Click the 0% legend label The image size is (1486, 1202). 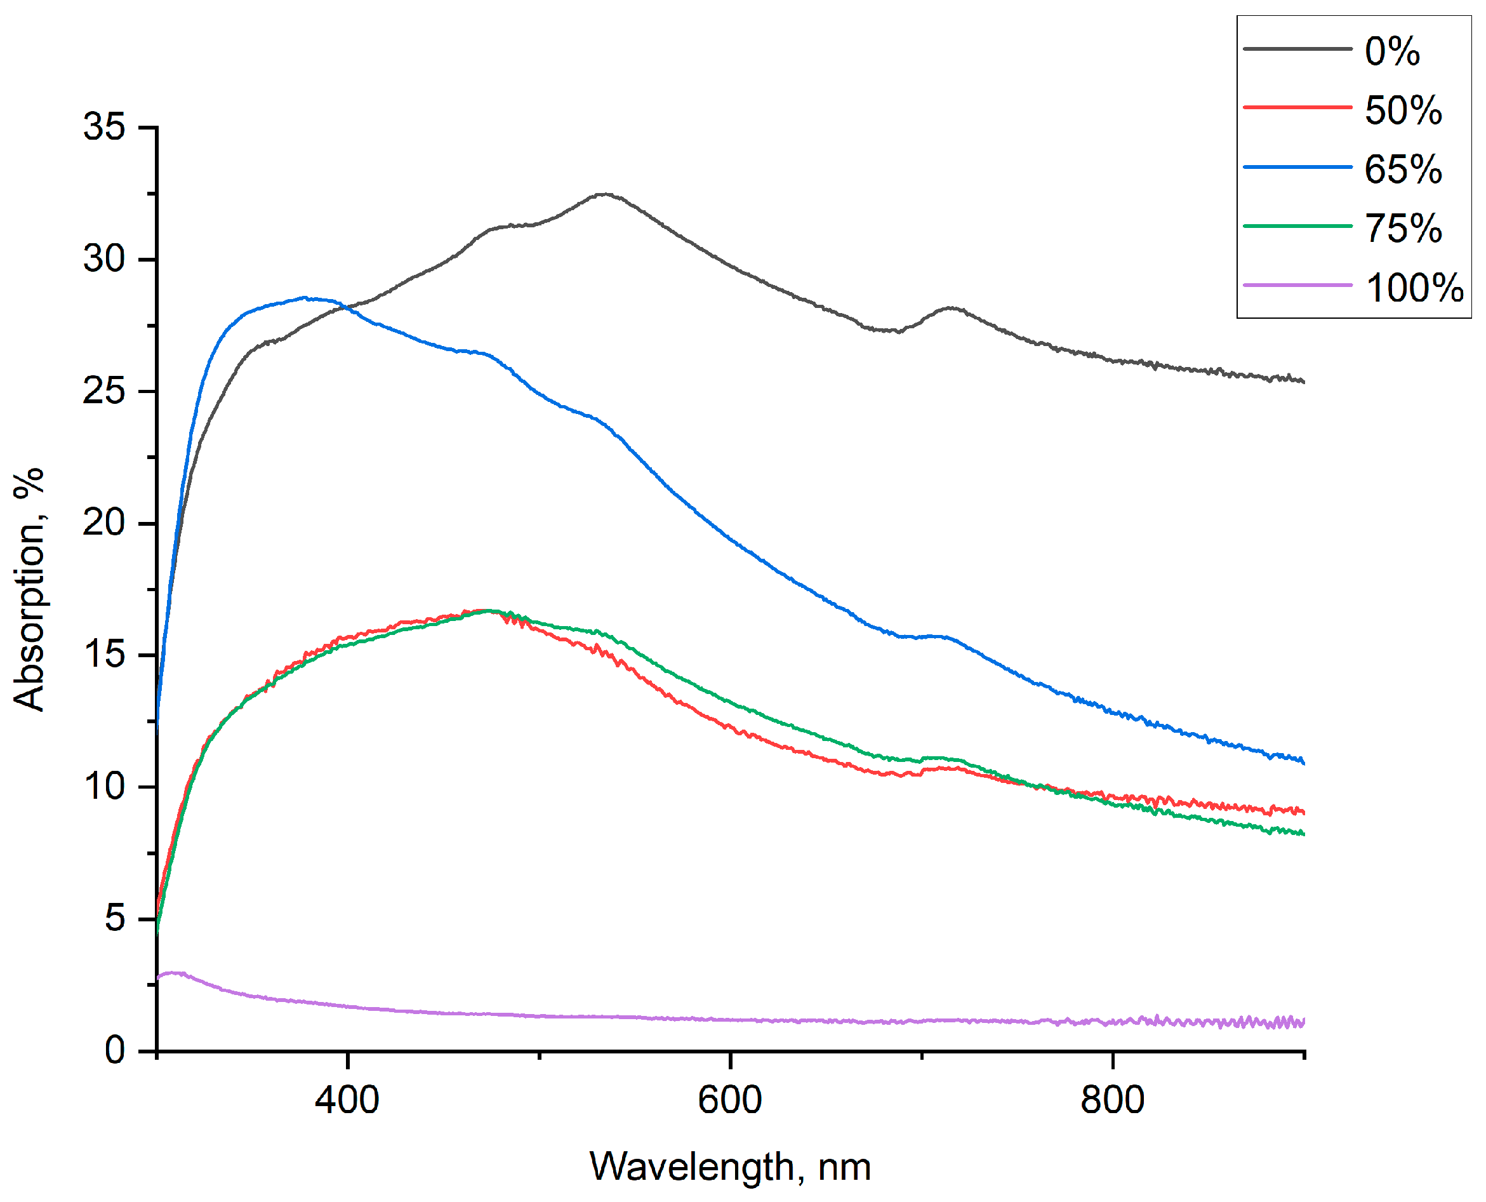pos(1392,51)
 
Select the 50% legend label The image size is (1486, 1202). pos(1403,109)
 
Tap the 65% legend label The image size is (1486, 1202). pos(1403,169)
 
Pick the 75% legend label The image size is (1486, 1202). pos(1403,228)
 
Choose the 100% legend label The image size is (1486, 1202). pos(1414,288)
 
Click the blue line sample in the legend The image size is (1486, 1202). pos(1297,167)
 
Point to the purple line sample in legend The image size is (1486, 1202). pos(1297,284)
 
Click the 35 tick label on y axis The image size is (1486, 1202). pos(104,127)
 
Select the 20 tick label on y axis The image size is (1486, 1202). pos(104,523)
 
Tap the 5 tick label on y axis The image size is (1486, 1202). pos(115,919)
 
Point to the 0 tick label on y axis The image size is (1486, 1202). pos(115,1050)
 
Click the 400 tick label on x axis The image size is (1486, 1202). pos(347,1100)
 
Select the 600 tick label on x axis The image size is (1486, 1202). pos(729,1100)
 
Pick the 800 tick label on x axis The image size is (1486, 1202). pos(1112,1100)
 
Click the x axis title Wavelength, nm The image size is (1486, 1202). pos(729,1166)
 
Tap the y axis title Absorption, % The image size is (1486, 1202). pos(29,589)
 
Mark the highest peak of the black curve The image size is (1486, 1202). pos(605,194)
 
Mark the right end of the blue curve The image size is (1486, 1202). pos(1303,763)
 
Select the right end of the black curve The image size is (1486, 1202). pos(1303,382)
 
